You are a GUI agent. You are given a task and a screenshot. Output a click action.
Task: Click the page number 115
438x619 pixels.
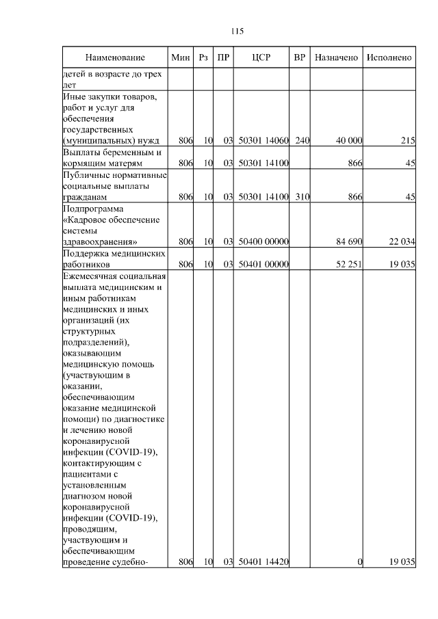point(237,31)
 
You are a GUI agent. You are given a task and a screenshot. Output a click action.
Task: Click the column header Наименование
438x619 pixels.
point(116,57)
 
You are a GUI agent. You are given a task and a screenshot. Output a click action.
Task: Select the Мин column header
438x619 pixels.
point(181,57)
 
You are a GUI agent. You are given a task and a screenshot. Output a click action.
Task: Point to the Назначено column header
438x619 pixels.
point(336,57)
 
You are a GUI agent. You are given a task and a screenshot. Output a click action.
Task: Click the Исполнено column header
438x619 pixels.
point(389,57)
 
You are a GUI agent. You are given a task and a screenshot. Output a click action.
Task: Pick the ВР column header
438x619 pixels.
point(299,57)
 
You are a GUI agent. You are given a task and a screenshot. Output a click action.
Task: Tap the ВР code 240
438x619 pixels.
point(302,140)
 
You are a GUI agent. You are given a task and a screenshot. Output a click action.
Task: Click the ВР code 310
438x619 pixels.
point(302,196)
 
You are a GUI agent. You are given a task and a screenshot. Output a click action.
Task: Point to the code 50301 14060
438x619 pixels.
point(263,140)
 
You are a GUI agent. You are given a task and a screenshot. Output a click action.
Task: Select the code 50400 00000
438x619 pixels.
point(263,241)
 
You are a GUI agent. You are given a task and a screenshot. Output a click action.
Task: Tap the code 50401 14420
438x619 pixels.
point(263,562)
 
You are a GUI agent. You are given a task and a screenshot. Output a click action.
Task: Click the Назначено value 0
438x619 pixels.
point(359,562)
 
